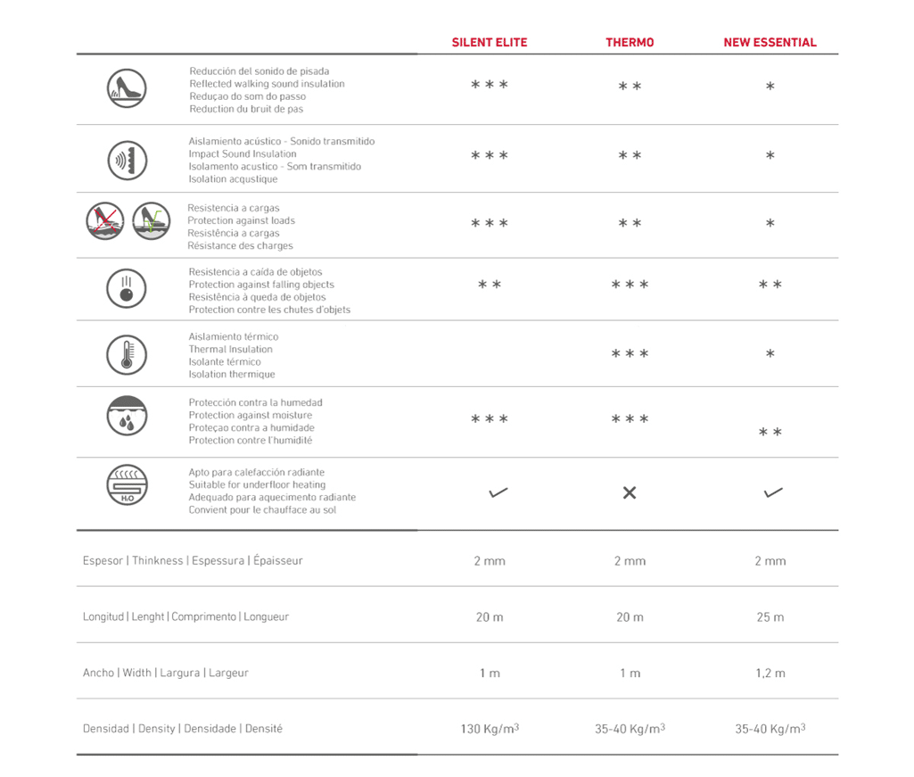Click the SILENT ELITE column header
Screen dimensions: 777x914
(x=490, y=42)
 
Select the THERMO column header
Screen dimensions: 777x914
(x=630, y=42)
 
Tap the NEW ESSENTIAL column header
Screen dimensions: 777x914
(x=770, y=42)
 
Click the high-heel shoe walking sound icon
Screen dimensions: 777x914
(x=127, y=88)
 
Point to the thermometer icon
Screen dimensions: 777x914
(x=127, y=354)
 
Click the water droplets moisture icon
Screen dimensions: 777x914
(x=127, y=415)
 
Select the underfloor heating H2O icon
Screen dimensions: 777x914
(x=127, y=486)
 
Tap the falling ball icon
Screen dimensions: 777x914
(x=127, y=288)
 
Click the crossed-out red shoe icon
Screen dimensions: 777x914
(x=105, y=221)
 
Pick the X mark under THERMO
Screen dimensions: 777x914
(x=630, y=492)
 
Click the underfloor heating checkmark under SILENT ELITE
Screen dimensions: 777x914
(x=498, y=492)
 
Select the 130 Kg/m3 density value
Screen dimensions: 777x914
(x=490, y=729)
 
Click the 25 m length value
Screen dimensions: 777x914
(x=770, y=617)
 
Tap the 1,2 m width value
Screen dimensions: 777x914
(x=770, y=674)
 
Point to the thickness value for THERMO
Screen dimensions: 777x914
(x=630, y=561)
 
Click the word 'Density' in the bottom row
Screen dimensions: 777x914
(x=157, y=729)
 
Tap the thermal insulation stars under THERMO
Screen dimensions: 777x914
(x=630, y=355)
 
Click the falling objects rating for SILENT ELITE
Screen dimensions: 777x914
(x=490, y=285)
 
